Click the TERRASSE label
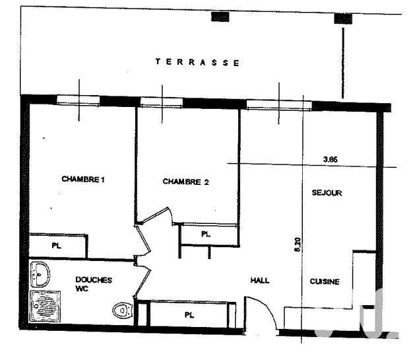click(x=197, y=62)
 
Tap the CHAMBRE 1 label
click(x=83, y=179)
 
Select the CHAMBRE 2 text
click(x=186, y=182)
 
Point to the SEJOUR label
click(x=327, y=192)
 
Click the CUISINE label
click(x=325, y=281)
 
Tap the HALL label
click(x=260, y=280)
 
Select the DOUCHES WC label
click(x=94, y=284)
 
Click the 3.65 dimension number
click(x=331, y=159)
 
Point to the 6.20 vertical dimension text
click(x=298, y=244)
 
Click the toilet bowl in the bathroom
click(x=123, y=310)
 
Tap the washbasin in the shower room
click(x=40, y=274)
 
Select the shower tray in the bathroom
click(x=45, y=306)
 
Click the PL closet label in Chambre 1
click(x=56, y=246)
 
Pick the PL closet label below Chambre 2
click(x=206, y=234)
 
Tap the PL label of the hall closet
click(x=189, y=315)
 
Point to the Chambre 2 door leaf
click(x=155, y=214)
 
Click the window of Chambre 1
click(x=78, y=100)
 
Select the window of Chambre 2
click(x=162, y=102)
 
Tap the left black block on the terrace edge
click(x=220, y=17)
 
